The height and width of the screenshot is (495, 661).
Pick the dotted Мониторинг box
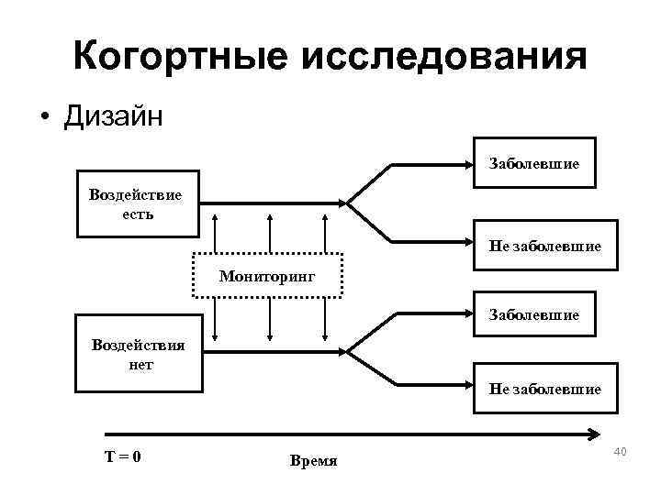coord(267,275)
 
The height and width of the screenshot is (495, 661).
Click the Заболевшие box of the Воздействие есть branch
coord(533,163)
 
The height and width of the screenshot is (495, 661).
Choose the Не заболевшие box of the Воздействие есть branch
coord(544,246)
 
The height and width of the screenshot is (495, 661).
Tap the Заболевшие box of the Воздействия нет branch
coord(533,315)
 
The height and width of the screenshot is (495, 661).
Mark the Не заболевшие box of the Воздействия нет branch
coord(544,389)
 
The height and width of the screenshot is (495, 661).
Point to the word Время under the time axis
coord(313,460)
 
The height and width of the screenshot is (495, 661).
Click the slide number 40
coord(619,451)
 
